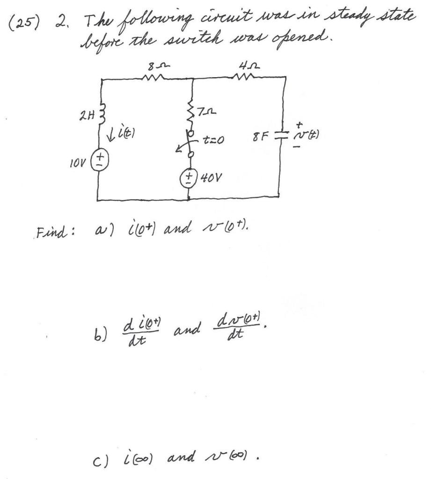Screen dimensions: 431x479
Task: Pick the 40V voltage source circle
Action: (190, 179)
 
